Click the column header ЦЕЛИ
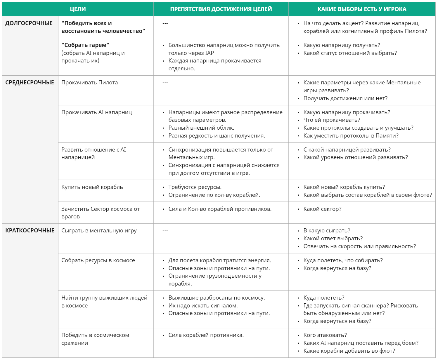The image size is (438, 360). click(x=78, y=9)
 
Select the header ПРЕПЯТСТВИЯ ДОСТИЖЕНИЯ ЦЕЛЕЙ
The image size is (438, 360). click(x=221, y=9)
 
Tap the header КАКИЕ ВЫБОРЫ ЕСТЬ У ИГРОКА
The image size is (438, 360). click(x=362, y=9)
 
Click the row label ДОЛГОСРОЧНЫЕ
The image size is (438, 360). click(x=29, y=23)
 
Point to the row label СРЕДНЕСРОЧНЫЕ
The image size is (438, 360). click(x=30, y=83)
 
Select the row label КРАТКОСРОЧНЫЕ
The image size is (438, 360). click(x=30, y=231)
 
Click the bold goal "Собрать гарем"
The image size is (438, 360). click(x=85, y=45)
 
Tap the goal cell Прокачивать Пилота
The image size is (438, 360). click(x=89, y=83)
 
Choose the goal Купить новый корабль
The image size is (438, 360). click(x=92, y=187)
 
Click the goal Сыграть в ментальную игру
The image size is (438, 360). click(x=99, y=231)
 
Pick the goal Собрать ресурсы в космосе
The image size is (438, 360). click(x=98, y=260)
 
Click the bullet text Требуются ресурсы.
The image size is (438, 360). click(x=195, y=187)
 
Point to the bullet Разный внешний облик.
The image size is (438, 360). click(x=201, y=128)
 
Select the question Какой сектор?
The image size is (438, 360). click(x=322, y=209)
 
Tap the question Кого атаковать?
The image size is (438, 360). click(x=325, y=335)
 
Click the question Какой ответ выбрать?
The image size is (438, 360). click(x=333, y=239)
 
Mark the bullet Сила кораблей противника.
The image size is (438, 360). click(x=206, y=335)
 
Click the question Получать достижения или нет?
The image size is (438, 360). click(x=345, y=98)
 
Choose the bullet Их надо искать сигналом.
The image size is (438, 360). click(x=203, y=306)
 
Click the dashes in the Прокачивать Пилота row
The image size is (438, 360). click(x=165, y=83)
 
